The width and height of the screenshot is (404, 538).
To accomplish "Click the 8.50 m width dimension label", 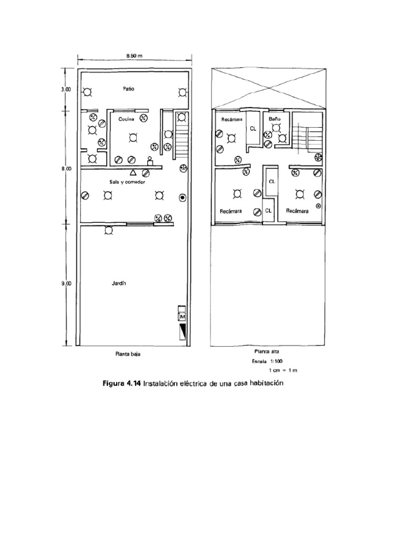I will (135, 55).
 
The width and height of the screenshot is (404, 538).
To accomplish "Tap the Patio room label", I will (129, 89).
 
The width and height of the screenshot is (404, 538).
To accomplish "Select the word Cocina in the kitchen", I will (127, 119).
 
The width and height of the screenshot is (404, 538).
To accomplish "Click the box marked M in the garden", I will (183, 317).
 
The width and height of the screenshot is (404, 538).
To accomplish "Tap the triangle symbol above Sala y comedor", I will (133, 172).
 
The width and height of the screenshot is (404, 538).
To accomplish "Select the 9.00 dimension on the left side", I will (66, 284).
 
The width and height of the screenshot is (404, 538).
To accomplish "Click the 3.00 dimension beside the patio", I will (66, 89).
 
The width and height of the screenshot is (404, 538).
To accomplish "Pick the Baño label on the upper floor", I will (275, 119).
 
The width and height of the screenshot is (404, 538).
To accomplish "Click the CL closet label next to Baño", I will (253, 128).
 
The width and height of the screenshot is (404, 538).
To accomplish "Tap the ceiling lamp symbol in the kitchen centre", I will (133, 138).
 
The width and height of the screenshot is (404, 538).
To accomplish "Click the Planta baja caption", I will (128, 354).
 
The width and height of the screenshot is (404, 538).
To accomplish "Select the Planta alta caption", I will (267, 351).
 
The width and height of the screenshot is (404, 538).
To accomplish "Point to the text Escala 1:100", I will (268, 361).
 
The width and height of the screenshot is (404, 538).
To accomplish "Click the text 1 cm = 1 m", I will (283, 370).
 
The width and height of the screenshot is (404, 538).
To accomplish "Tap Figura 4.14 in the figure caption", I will (122, 384).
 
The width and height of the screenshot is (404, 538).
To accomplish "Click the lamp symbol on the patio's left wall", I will (87, 92).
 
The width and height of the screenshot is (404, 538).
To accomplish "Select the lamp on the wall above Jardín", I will (109, 230).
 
